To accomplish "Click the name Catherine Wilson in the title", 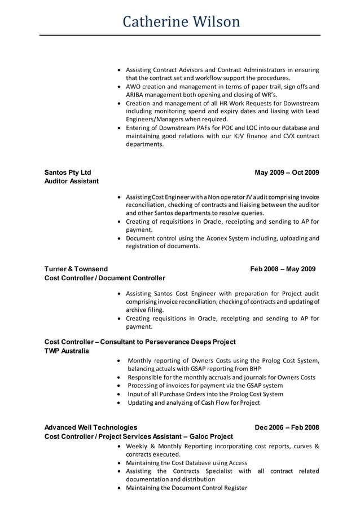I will tap(181, 21).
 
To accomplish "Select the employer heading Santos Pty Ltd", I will tap(68, 172).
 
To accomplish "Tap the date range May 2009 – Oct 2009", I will tap(287, 172).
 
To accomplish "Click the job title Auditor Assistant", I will tap(72, 181).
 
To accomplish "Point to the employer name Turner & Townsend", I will tap(76, 269).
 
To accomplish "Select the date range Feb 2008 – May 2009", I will tap(283, 269).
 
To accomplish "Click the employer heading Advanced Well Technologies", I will tap(91, 427).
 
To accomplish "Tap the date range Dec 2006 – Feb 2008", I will tap(287, 427).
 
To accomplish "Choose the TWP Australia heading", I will tap(67, 351).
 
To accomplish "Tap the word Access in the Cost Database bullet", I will tap(236, 463).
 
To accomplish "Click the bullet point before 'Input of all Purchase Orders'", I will tap(118, 394).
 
